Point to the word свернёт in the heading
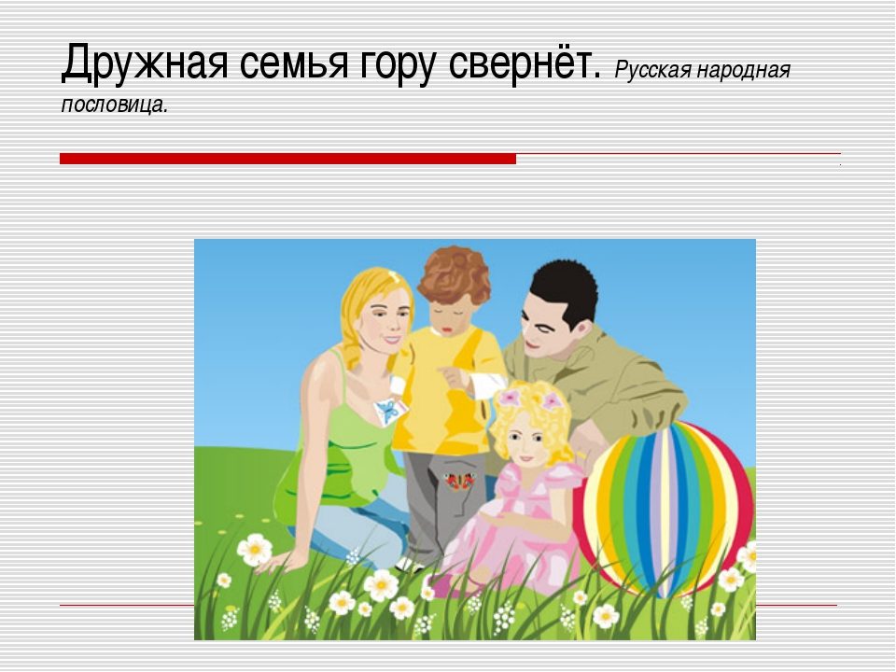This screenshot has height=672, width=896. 520,63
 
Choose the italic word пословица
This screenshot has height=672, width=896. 112,105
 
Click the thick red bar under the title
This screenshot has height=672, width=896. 288,159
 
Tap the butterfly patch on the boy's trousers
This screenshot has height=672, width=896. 460,482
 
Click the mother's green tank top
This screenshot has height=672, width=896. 337,452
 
